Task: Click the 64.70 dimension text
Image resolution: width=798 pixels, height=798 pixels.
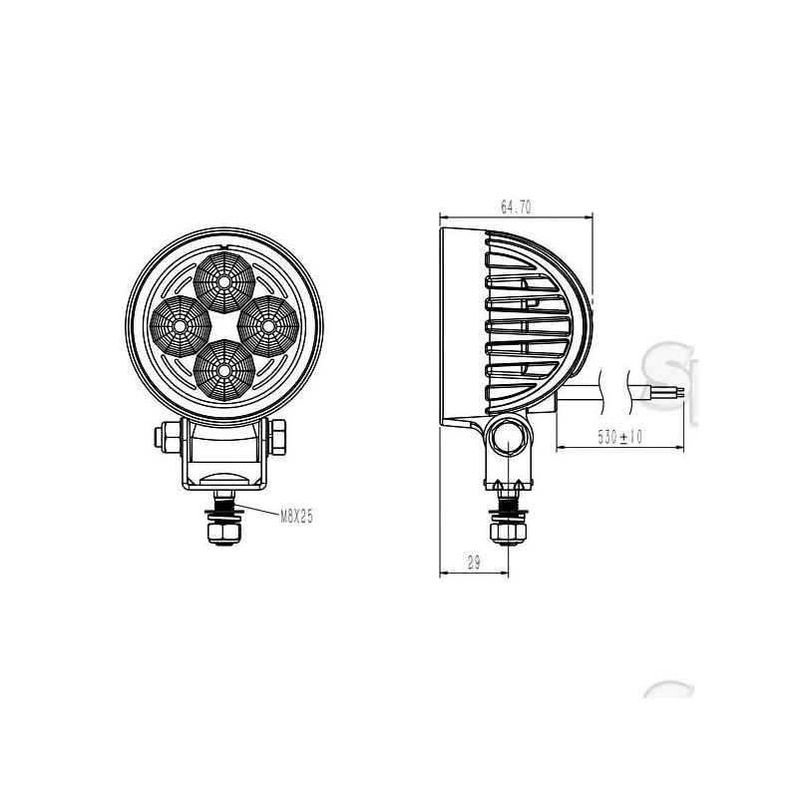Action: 516,207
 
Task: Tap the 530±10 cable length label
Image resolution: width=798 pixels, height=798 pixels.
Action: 619,436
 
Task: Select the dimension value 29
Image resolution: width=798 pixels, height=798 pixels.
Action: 474,563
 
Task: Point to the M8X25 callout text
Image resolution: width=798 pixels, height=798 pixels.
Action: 296,517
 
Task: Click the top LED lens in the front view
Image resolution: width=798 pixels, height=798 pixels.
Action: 223,282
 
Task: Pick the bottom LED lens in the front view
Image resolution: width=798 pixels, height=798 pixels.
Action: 223,369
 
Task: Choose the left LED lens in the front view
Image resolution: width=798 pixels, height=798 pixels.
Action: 181,326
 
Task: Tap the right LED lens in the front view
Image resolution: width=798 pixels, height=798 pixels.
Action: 268,326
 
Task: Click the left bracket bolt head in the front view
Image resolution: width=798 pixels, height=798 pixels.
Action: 168,437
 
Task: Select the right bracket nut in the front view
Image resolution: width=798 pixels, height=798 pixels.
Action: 278,437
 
